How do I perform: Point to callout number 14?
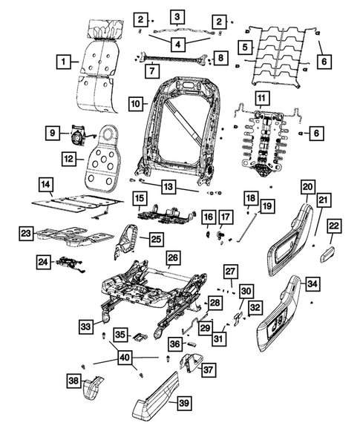45,184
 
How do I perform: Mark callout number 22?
335,226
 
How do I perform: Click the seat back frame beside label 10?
178,134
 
